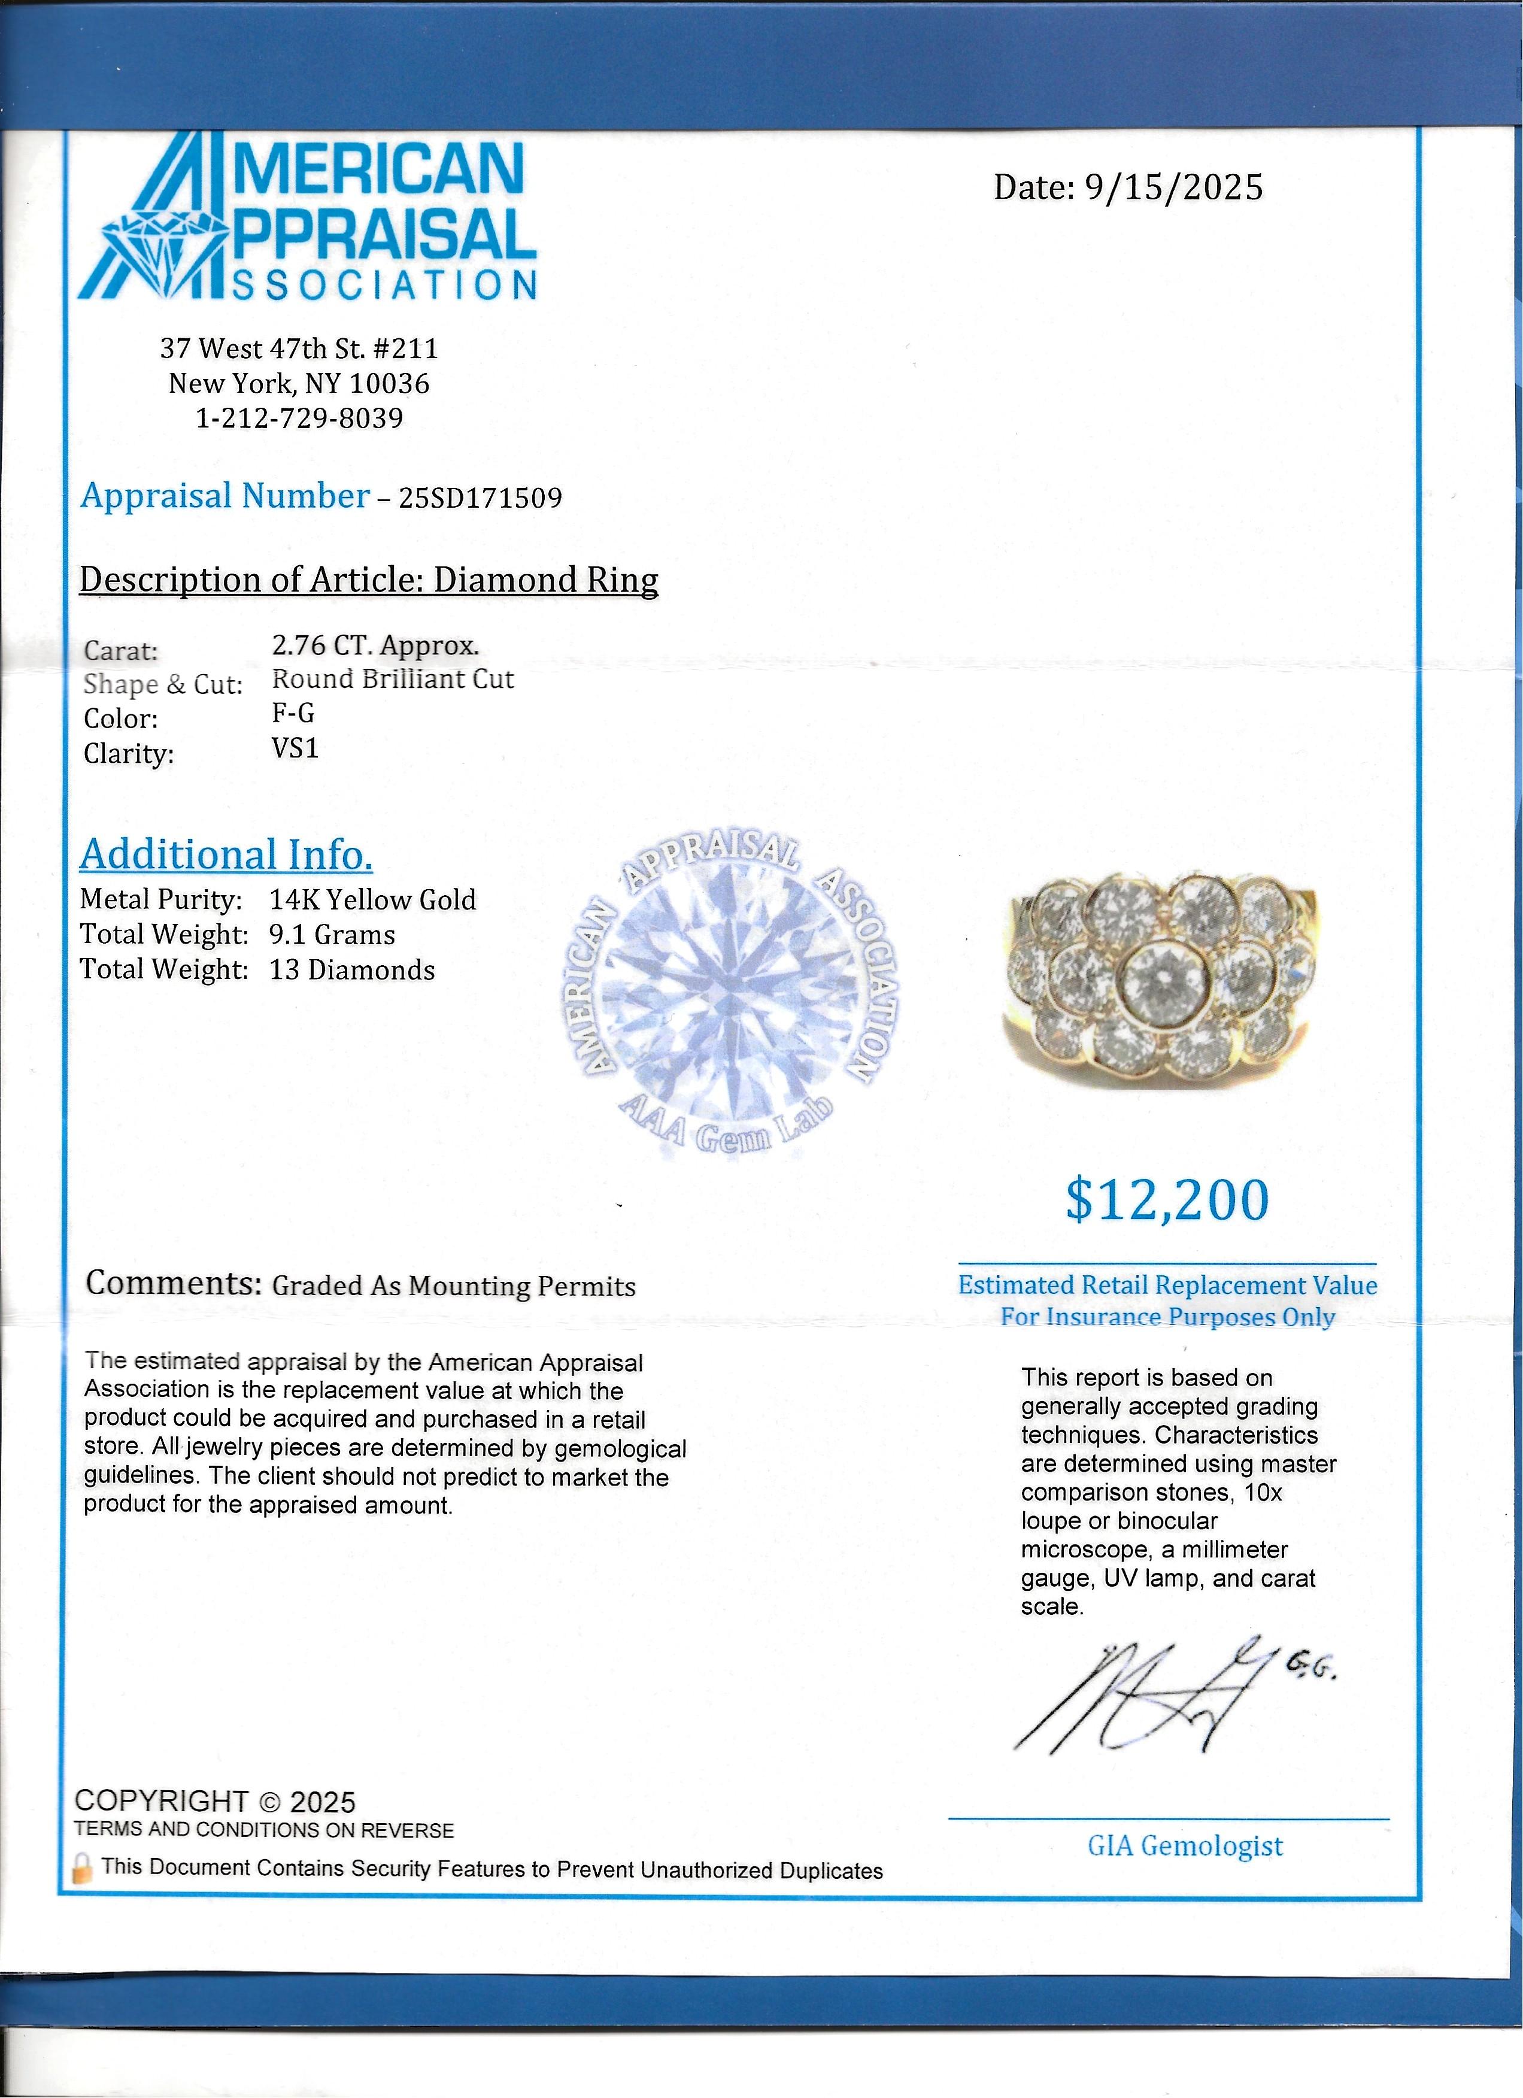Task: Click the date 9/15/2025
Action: pos(1173,188)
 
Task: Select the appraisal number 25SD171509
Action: pos(480,498)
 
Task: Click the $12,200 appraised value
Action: pos(1167,1200)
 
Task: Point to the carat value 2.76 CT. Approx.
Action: pos(375,645)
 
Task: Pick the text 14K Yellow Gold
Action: pos(372,899)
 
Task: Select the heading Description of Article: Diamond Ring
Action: pos(369,580)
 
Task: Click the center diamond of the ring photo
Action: pos(1161,981)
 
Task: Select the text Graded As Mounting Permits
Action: pos(454,1286)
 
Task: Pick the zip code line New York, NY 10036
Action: pos(299,383)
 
